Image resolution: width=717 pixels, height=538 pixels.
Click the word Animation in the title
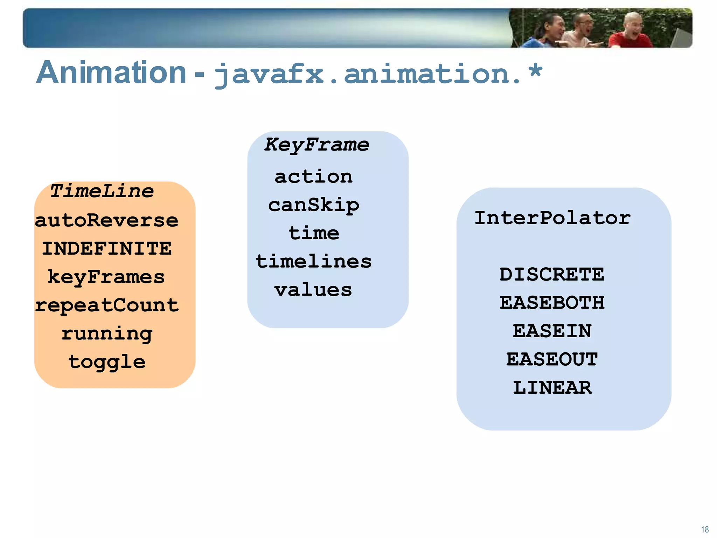point(111,73)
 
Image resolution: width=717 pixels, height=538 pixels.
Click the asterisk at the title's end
point(535,72)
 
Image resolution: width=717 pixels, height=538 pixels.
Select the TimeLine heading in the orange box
point(102,191)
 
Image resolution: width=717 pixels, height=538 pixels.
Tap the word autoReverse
point(107,220)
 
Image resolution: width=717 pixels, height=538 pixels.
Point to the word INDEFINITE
point(107,248)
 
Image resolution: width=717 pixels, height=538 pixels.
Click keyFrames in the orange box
point(106,277)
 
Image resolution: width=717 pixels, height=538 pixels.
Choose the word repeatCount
point(107,305)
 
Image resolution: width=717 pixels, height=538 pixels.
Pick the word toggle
point(107,362)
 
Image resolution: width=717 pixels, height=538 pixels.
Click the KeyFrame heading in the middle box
point(316,145)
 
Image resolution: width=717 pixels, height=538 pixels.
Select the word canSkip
point(314,205)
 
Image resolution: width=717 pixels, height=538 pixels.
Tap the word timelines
point(314,262)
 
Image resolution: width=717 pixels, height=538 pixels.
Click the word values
point(313,290)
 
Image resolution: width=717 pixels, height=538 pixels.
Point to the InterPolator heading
point(552,218)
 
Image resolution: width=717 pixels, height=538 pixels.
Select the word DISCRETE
point(552,274)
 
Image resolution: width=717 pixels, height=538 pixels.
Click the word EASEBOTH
point(552,303)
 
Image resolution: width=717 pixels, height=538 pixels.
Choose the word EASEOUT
point(552,359)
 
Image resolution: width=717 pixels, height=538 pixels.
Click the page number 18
point(705,529)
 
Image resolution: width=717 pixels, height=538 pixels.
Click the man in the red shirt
point(630,33)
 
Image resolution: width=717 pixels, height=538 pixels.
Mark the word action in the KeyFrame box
point(313,177)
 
